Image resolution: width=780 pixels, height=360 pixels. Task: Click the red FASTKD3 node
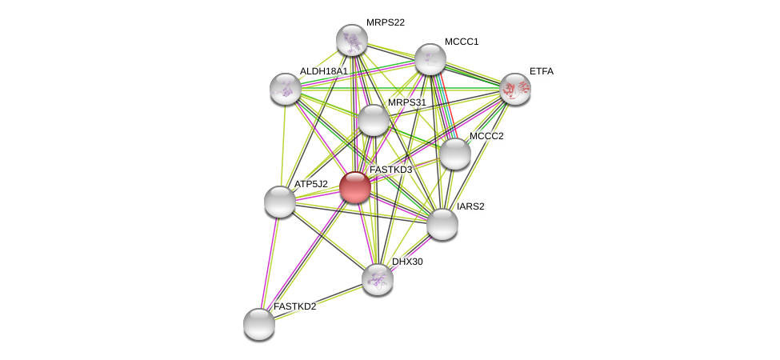(x=354, y=187)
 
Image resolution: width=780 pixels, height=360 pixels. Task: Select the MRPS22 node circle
(x=352, y=40)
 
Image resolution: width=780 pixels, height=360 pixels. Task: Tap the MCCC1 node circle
(x=430, y=59)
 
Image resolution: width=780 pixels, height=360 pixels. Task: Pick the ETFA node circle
(x=514, y=89)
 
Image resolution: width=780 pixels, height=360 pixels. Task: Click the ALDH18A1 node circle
(x=286, y=89)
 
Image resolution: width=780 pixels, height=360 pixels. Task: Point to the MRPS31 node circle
(x=373, y=120)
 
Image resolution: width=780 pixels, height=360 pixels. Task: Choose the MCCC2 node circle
(x=455, y=154)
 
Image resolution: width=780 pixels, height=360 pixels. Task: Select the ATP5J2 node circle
(x=280, y=202)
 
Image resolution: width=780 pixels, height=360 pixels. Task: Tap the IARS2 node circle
(x=442, y=224)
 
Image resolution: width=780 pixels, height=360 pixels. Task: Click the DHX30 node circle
(x=378, y=278)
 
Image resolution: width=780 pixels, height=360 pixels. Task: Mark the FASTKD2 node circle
(x=259, y=324)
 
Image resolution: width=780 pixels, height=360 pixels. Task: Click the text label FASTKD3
(x=390, y=170)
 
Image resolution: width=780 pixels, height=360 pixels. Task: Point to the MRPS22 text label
(x=385, y=22)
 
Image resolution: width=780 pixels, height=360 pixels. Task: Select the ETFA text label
(x=541, y=71)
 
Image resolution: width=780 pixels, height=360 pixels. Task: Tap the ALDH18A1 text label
(x=323, y=71)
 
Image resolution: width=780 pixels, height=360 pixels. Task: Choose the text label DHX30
(x=406, y=262)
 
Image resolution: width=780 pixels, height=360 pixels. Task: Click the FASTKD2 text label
(x=294, y=306)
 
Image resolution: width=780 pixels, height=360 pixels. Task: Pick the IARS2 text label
(x=470, y=206)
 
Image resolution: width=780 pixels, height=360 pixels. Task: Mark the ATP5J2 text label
(x=310, y=184)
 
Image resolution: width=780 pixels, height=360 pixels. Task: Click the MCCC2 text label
(x=486, y=136)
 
